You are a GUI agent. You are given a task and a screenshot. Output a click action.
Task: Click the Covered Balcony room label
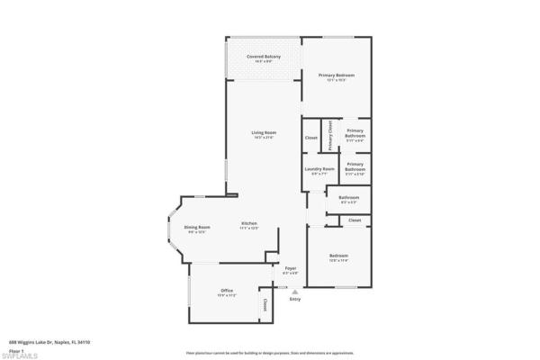tap(264, 57)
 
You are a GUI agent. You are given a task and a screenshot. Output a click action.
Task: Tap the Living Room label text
tap(264, 132)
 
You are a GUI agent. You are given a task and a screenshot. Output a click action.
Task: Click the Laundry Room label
tap(319, 168)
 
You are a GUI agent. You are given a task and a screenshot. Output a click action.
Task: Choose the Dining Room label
tap(197, 227)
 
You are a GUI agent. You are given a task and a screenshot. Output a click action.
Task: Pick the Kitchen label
tap(249, 223)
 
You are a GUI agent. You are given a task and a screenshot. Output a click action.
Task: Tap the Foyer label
tap(291, 267)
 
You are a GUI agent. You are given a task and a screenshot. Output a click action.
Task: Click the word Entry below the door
tap(294, 299)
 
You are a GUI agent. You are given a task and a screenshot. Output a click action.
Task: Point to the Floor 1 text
tap(16, 348)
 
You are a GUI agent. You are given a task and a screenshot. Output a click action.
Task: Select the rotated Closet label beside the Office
tap(265, 304)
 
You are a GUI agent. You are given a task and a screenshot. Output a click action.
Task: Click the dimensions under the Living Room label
tap(264, 137)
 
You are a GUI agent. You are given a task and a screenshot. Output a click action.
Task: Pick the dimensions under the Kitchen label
tap(249, 228)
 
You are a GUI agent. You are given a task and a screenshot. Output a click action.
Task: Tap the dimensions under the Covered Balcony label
tap(264, 61)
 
